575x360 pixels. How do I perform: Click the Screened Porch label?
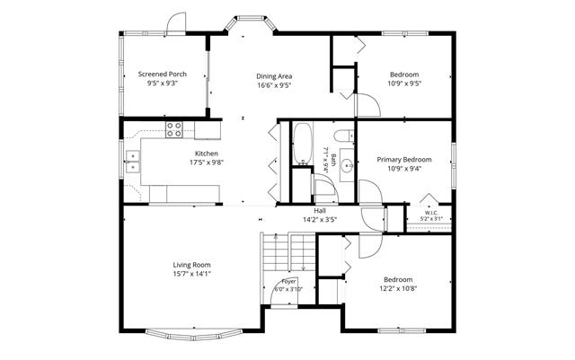(x=162, y=74)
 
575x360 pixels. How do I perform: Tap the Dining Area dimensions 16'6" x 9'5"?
(x=274, y=85)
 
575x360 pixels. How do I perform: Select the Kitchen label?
(x=206, y=154)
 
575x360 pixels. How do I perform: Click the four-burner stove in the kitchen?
(x=174, y=130)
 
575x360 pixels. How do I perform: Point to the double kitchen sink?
(x=133, y=162)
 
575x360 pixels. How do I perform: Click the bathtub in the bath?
(x=303, y=144)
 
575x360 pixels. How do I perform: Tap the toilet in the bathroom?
(x=344, y=136)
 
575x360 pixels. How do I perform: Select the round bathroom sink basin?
(x=347, y=166)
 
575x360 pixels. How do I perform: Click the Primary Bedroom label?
(x=404, y=160)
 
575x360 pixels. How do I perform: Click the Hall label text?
(x=320, y=211)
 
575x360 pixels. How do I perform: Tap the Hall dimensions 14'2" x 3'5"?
(x=320, y=220)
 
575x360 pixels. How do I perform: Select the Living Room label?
(x=191, y=265)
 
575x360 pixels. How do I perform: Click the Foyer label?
(x=288, y=282)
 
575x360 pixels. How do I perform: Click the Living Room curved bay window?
(x=194, y=335)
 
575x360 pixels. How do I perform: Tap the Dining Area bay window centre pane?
(x=251, y=17)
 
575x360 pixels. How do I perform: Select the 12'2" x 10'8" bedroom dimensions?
(x=398, y=288)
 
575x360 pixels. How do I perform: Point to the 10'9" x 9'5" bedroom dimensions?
(x=404, y=83)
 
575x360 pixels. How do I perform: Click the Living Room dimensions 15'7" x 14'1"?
(x=191, y=274)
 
